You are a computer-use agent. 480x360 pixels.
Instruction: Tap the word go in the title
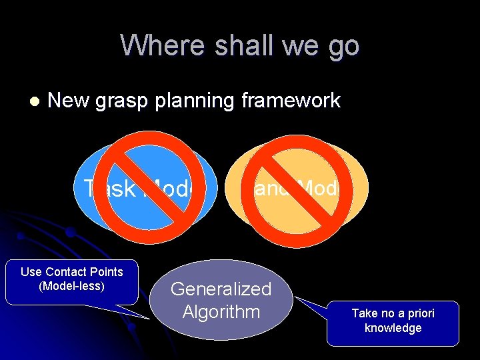click(342, 46)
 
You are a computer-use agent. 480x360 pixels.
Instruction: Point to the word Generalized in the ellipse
click(221, 289)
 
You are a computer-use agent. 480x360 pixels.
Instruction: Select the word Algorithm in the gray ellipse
click(221, 311)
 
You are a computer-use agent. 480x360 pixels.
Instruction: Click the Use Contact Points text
click(72, 272)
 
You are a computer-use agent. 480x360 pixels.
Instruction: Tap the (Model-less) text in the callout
click(72, 286)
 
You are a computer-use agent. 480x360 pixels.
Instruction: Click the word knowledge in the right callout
click(393, 328)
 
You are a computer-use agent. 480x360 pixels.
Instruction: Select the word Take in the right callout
click(363, 313)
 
